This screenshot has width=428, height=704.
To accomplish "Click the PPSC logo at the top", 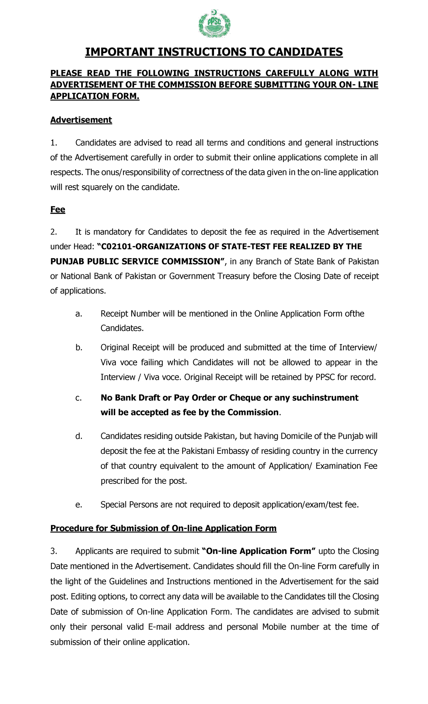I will [x=214, y=24].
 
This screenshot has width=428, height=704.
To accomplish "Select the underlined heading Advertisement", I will [x=81, y=120].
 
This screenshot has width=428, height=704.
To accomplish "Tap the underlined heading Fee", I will [x=57, y=209].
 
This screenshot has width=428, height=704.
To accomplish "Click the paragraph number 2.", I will [x=53, y=232].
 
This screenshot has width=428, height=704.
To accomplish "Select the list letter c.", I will [x=78, y=398].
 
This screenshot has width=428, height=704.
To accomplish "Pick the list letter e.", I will [x=78, y=505].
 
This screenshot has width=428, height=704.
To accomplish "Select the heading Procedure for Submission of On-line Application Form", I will [x=163, y=528].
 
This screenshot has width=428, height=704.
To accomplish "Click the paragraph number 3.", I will [x=53, y=551].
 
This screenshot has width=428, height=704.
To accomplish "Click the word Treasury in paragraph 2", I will [x=234, y=276].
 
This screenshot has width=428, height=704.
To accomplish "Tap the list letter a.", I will [x=78, y=314].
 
